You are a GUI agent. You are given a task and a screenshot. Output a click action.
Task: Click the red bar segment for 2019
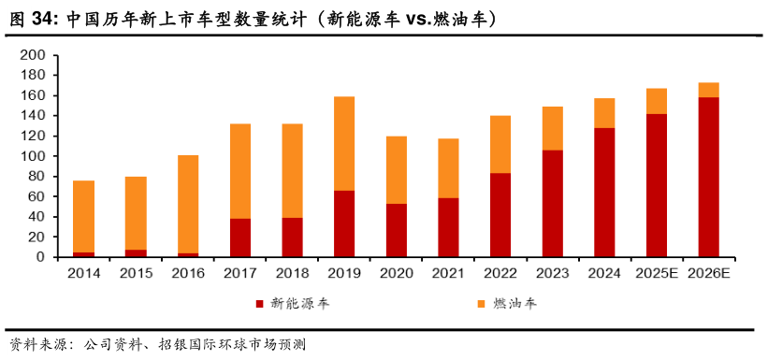click(344, 223)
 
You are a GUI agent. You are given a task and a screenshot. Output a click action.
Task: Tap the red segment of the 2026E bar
click(709, 177)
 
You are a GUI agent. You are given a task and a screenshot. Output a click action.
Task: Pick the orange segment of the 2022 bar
click(500, 144)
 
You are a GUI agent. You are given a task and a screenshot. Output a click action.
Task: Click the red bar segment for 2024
click(604, 192)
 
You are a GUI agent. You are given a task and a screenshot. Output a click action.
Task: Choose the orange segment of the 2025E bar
click(657, 101)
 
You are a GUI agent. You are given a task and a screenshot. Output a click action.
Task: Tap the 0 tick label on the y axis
click(40, 257)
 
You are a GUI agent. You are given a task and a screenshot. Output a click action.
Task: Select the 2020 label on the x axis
click(397, 273)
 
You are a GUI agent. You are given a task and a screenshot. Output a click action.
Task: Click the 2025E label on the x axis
click(657, 273)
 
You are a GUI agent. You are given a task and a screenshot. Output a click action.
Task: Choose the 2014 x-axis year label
click(84, 273)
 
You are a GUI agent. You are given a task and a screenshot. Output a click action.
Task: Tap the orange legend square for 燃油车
click(481, 304)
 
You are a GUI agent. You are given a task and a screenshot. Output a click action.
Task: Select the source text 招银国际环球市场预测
click(232, 344)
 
